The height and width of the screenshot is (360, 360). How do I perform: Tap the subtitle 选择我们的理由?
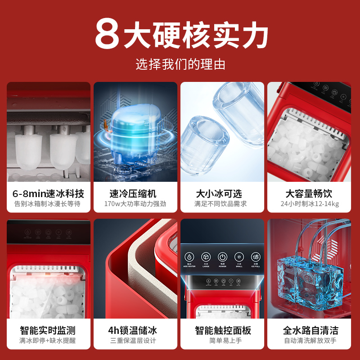[180, 64]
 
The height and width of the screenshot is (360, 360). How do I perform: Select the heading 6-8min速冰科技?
[48, 193]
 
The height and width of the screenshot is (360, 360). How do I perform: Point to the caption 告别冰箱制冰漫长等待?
[48, 204]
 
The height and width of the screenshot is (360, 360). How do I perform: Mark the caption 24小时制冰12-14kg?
[309, 204]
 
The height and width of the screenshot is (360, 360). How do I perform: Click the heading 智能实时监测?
[48, 330]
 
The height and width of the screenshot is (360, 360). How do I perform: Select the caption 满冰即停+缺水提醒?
[48, 341]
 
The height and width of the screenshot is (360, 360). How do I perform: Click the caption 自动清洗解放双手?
[309, 341]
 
